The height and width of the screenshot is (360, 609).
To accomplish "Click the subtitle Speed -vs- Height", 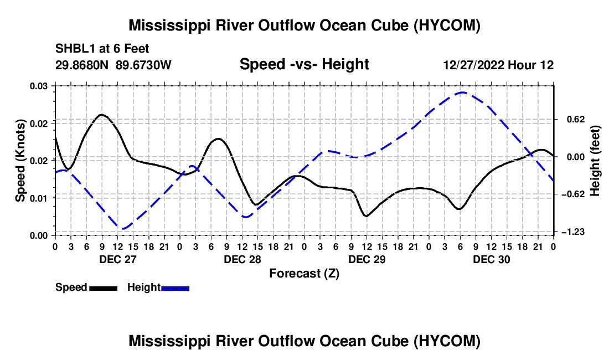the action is coord(304,64).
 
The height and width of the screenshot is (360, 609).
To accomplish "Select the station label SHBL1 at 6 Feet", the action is coord(102,49).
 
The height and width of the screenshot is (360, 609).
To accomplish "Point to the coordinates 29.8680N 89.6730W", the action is coord(113,65).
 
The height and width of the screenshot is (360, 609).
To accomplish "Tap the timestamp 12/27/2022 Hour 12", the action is coord(498,65).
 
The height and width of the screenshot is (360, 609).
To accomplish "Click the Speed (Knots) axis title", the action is coord(20,161).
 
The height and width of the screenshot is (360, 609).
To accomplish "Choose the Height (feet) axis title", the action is coord(595,161).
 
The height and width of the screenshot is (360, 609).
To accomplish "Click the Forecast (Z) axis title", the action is coord(304,274).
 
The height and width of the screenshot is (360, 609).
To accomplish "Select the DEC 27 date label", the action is coord(118,259).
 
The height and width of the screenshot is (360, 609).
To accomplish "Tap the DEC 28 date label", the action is coord(242,259).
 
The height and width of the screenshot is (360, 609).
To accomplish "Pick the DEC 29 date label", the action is coord(367,259).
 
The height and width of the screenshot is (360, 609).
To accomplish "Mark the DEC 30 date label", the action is coord(491,259).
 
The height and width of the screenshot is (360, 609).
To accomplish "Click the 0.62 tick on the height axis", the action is coord(576,119).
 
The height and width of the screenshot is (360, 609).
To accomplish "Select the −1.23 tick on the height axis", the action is coord(573,232).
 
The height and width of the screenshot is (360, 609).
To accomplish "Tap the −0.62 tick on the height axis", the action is coord(573,194).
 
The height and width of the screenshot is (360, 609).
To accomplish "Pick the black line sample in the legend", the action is coord(104,288).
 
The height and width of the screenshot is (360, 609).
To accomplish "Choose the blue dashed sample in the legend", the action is coord(175,288).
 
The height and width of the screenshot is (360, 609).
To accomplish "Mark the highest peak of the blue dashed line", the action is coord(462,92).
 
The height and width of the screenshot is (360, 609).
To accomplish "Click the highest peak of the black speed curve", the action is coord(102,115).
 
